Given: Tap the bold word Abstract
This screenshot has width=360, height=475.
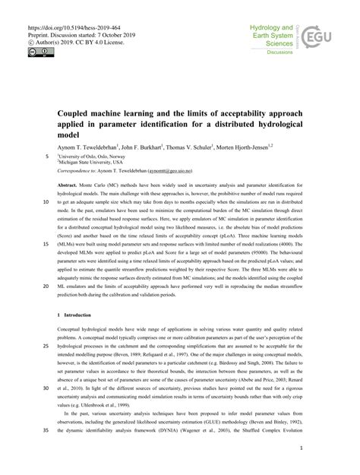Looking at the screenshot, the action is [x=68, y=186].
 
